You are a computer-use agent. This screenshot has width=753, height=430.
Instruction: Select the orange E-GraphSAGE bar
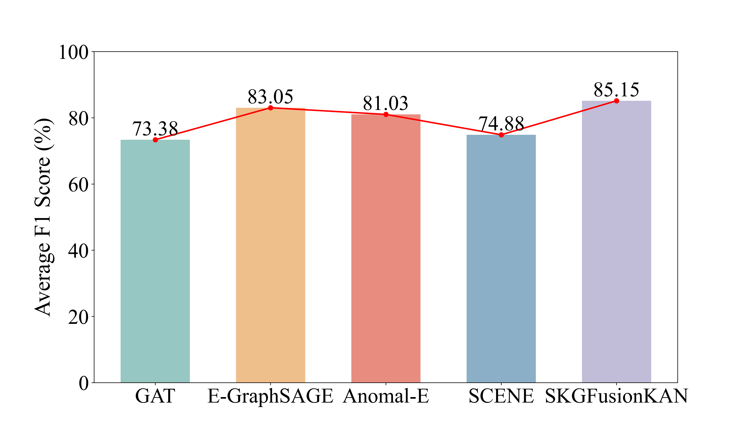pyautogui.click(x=270, y=245)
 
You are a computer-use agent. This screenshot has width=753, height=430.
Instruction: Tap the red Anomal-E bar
pyautogui.click(x=386, y=248)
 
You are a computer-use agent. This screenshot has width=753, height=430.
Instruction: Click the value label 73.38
pyautogui.click(x=155, y=129)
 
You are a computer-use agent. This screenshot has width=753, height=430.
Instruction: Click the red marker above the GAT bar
pyautogui.click(x=155, y=140)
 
